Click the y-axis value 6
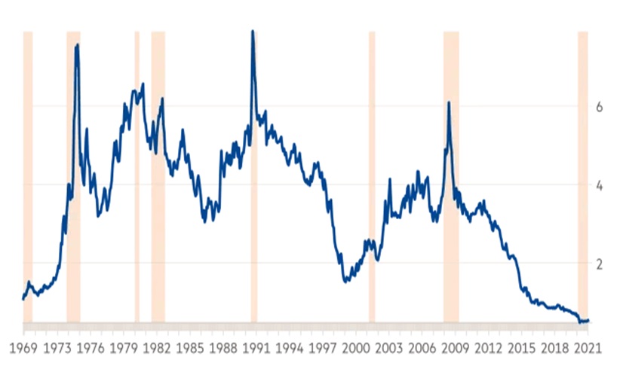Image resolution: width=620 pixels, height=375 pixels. tap(598, 107)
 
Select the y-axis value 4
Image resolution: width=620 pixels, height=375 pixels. tap(598, 185)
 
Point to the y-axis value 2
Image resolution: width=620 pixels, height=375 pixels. tap(598, 264)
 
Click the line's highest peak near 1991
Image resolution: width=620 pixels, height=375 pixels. tap(252, 31)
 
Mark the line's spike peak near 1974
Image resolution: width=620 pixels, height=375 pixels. tap(77, 45)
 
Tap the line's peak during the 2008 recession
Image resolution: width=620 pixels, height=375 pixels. tap(449, 102)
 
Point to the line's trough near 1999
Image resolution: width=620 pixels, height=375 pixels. tap(345, 281)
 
